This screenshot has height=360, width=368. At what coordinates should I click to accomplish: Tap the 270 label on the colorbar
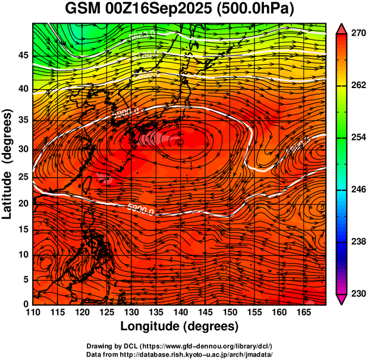[357, 34]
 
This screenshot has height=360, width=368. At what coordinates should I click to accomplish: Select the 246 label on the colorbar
[357, 190]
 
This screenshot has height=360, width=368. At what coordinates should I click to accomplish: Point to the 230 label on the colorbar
[357, 293]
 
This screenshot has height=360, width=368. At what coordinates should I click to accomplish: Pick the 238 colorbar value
[357, 242]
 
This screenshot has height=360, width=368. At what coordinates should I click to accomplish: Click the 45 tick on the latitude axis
[23, 56]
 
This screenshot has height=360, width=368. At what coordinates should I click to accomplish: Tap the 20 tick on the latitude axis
[23, 204]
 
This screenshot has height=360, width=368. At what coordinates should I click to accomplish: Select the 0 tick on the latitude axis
[26, 305]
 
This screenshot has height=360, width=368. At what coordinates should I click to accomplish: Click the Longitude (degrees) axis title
[180, 326]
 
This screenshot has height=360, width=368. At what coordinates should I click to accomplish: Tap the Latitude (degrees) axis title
[8, 164]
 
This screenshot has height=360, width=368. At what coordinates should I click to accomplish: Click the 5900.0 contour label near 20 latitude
[141, 209]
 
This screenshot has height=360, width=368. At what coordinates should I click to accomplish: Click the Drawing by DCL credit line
[183, 346]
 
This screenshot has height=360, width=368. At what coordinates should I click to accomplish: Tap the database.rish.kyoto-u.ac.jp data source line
[183, 354]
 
